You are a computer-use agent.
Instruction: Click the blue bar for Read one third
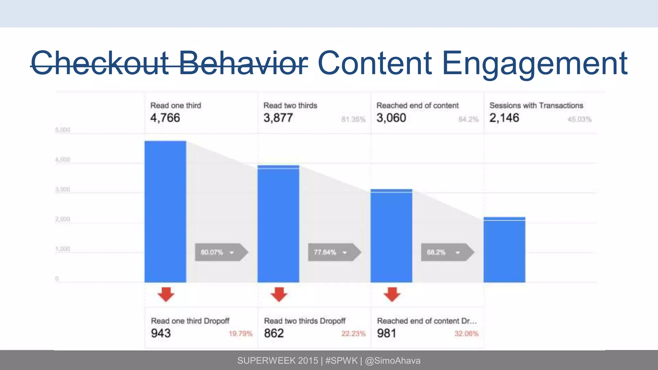[x=165, y=212]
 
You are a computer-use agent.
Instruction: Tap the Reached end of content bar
[x=391, y=236]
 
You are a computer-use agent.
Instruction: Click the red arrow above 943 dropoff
[x=166, y=294]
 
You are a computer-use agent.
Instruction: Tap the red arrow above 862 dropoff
[x=279, y=294]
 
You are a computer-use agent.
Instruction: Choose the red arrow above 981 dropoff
[x=392, y=294]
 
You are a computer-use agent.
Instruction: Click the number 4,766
[x=165, y=118]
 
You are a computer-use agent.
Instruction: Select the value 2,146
[x=504, y=118]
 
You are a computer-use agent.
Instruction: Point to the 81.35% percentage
[x=353, y=119]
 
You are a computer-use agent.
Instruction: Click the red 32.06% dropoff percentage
[x=466, y=334]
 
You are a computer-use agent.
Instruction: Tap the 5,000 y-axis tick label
[x=63, y=130]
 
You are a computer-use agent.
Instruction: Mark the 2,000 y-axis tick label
[x=63, y=219]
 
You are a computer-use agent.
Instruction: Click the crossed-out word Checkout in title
[x=100, y=63]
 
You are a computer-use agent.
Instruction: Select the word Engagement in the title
[x=535, y=63]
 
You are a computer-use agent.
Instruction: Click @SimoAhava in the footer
[x=393, y=361]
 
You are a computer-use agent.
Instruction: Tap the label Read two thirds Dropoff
[x=305, y=321]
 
